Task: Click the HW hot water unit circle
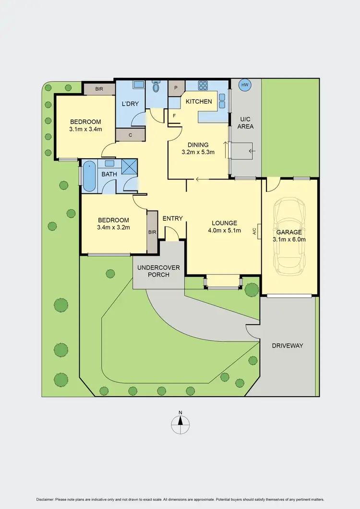[x=245, y=85]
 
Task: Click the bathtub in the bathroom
[x=89, y=176]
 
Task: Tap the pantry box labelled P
[x=176, y=88]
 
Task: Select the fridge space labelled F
[x=174, y=116]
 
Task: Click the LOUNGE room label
[x=225, y=223]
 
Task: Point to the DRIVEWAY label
[x=288, y=345]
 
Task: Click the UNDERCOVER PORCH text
[x=158, y=271]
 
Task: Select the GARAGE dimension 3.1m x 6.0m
[x=289, y=239]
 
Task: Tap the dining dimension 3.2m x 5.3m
[x=198, y=153]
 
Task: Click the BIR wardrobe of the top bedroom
[x=99, y=89]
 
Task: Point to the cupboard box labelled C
[x=131, y=135]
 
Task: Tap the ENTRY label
[x=172, y=219]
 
